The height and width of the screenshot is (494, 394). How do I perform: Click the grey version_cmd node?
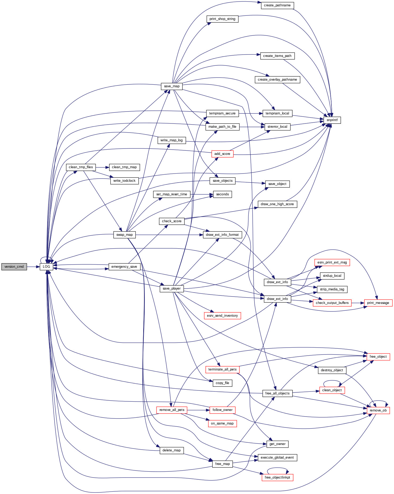point(14,267)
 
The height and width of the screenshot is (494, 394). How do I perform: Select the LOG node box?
point(46,267)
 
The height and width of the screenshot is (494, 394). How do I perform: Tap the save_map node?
point(172,86)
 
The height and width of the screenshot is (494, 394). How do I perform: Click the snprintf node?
point(332,120)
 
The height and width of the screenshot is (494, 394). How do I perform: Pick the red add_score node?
point(222,154)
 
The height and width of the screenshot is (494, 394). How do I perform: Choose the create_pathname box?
point(277,5)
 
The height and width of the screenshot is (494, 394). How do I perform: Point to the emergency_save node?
point(124,267)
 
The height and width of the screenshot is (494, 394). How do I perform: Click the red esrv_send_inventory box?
point(222,316)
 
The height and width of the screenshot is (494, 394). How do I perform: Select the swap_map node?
point(125,235)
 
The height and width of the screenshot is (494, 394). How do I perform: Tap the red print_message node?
point(378,303)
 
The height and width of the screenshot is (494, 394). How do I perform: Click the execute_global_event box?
point(277,458)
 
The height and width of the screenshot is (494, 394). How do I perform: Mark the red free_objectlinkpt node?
point(277,477)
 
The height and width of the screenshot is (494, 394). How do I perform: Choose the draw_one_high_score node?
point(277,204)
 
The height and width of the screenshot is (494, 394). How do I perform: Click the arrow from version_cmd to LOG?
point(33,267)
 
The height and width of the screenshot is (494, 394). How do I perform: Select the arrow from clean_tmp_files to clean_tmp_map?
point(102,167)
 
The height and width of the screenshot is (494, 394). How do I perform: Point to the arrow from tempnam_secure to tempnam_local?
point(251,113)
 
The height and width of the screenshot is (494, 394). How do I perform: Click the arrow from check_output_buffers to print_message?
point(358,303)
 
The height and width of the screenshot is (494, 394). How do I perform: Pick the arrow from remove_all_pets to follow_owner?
point(198,410)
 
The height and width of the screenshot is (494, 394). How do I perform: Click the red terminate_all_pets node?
point(222,369)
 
